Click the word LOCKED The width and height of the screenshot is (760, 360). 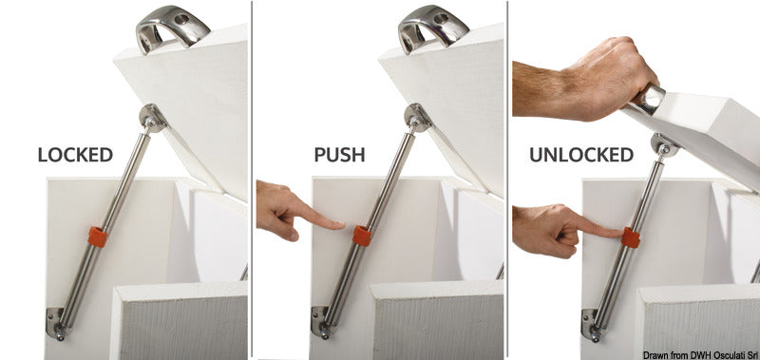pos(75,155)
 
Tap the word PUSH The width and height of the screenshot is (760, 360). pos(339,155)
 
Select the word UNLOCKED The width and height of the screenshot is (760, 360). pos(581,155)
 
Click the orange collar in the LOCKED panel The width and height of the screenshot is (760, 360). pos(98,237)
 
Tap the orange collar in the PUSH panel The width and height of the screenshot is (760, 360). pos(362,236)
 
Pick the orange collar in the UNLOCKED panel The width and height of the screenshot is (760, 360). pos(631,237)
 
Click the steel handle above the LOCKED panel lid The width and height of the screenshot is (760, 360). pos(172,28)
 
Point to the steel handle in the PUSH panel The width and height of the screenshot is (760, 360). pos(433,28)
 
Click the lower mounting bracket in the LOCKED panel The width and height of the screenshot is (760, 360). pos(56,322)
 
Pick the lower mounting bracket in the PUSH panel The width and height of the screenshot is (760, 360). pos(321,322)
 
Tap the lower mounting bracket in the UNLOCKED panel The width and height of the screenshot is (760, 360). pos(591,324)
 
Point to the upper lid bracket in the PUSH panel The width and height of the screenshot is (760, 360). pos(418,118)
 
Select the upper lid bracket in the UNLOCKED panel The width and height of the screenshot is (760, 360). pos(665,145)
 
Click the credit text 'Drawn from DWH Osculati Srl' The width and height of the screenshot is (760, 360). pos(701,355)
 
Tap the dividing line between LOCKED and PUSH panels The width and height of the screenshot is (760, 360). pos(252,180)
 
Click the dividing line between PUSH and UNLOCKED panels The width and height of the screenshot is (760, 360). pos(507,180)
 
